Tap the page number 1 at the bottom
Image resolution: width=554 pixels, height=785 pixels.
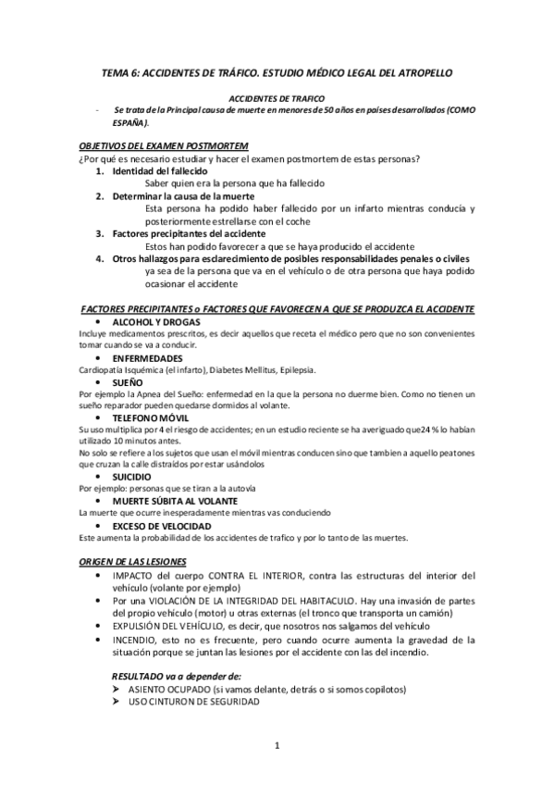coord(277,745)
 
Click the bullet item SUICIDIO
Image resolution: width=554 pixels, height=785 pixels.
coord(133,476)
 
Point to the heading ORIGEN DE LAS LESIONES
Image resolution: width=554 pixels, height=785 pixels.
coord(132,562)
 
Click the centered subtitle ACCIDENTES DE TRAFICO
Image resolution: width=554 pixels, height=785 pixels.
coord(276,97)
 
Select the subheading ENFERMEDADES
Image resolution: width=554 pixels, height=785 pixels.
coord(147,357)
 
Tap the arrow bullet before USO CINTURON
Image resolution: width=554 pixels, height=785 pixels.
coord(117,703)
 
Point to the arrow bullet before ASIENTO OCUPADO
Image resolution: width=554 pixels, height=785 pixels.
coord(117,690)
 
